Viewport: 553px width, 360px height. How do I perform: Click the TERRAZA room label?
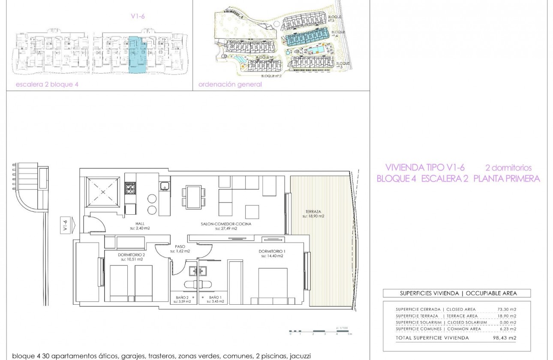(x=312, y=211)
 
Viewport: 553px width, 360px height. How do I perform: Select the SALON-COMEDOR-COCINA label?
(x=226, y=224)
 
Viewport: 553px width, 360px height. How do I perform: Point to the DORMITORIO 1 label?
(x=272, y=251)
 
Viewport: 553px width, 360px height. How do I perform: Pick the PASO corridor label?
(x=180, y=246)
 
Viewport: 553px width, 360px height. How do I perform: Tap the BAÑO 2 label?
(x=182, y=297)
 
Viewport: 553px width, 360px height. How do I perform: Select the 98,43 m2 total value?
(x=507, y=338)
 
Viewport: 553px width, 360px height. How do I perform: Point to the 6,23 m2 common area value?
(x=508, y=329)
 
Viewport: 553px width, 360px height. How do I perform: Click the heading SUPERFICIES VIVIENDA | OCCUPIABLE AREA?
(x=458, y=294)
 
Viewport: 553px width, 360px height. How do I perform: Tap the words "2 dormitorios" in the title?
(x=508, y=168)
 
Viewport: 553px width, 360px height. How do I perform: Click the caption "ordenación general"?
(x=230, y=84)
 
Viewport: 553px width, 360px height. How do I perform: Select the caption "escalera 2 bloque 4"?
(x=47, y=84)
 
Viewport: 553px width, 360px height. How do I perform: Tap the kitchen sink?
(x=163, y=186)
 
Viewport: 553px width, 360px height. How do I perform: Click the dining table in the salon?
(x=194, y=197)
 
